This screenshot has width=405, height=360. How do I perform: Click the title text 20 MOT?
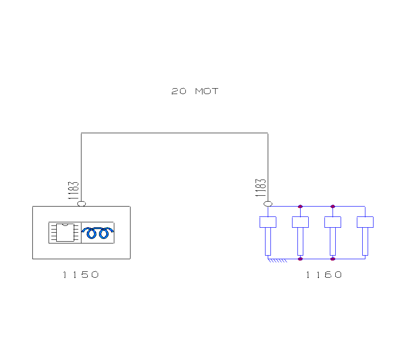(x=195, y=91)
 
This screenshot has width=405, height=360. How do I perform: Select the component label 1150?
(x=81, y=274)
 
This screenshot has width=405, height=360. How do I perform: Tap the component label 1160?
(x=324, y=274)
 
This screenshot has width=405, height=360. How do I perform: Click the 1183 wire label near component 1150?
(x=73, y=190)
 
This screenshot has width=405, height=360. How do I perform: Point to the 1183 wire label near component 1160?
(x=261, y=188)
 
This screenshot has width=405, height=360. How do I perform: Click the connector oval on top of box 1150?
(x=81, y=204)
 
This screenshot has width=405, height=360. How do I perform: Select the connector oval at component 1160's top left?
(x=268, y=204)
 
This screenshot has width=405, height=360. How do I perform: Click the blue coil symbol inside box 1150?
(x=98, y=233)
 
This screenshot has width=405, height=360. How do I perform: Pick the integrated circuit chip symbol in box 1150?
(x=65, y=232)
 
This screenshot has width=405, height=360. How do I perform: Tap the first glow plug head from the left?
(x=268, y=222)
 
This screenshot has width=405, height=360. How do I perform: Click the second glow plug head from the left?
(x=301, y=222)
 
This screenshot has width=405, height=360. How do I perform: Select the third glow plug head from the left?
(x=333, y=222)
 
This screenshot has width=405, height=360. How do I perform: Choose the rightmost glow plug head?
(x=365, y=222)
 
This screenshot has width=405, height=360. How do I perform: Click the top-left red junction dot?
(x=301, y=207)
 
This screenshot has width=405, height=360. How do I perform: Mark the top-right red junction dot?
(x=333, y=207)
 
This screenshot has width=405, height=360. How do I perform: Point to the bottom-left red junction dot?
(x=301, y=259)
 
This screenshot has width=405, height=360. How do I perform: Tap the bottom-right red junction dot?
(x=333, y=259)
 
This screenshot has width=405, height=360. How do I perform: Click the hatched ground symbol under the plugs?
(x=278, y=261)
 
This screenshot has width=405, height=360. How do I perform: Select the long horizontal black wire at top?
(x=175, y=133)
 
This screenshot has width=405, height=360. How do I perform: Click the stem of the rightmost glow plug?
(x=365, y=242)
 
